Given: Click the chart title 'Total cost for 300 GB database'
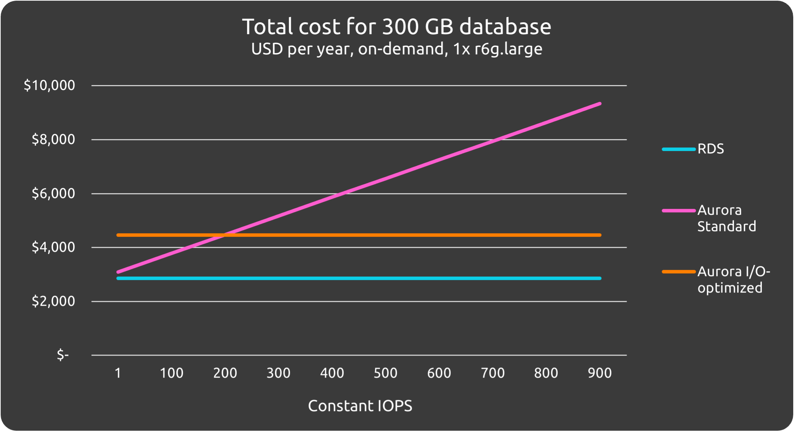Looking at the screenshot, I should [396, 27].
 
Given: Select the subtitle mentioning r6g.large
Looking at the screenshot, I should [396, 49].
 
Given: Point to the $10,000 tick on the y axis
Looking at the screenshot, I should [49, 85].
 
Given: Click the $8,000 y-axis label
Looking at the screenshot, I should [53, 139].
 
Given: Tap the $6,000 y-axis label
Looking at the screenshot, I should [53, 193].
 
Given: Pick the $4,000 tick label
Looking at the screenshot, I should [53, 247].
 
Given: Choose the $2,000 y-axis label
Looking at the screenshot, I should [53, 301].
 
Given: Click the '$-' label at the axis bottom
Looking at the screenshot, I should [63, 355].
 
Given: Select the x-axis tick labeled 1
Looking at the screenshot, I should [118, 373].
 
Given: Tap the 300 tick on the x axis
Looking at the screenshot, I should [278, 373].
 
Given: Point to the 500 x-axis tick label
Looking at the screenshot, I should [385, 373].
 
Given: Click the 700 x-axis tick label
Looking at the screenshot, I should [493, 373].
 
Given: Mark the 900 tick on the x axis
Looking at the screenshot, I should [600, 373].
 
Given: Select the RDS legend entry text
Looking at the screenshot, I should [710, 149].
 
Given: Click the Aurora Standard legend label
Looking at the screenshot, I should [726, 218].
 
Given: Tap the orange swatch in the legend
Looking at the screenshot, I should [678, 272].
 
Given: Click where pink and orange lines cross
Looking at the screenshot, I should [223, 235].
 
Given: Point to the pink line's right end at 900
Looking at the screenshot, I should [600, 104].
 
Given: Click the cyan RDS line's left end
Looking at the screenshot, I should [118, 278].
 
